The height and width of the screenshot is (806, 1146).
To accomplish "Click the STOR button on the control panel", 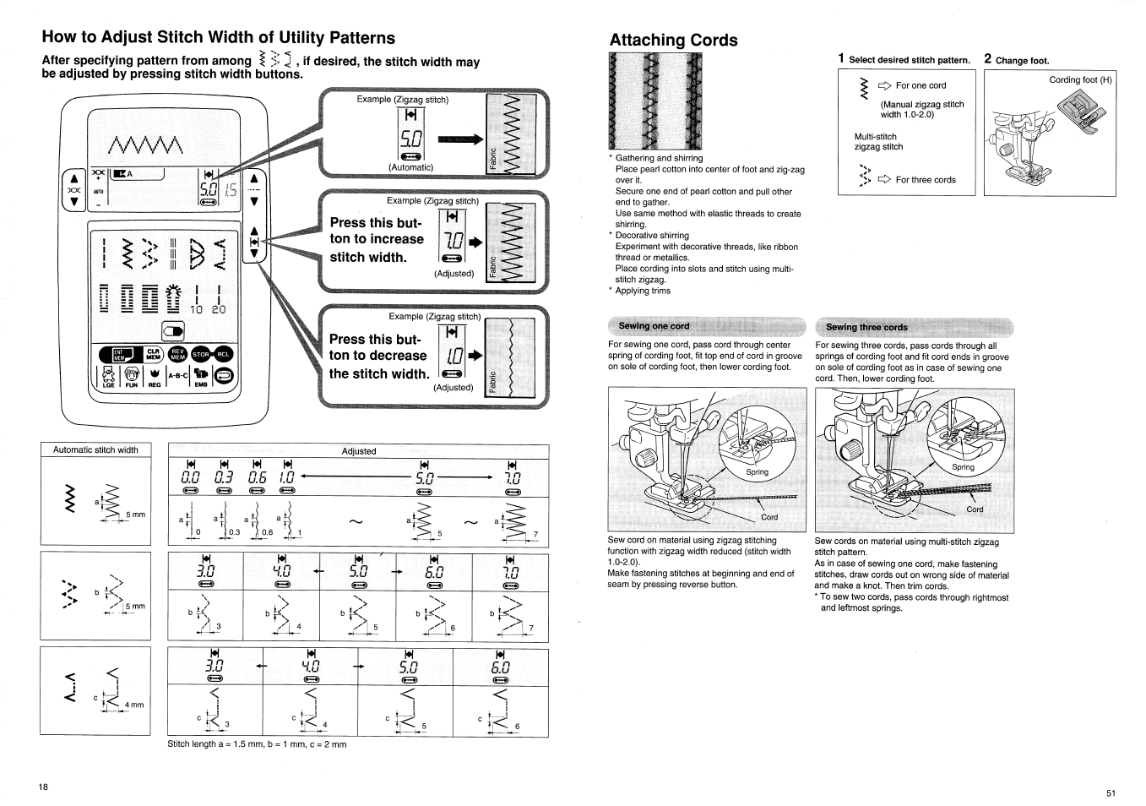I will tap(200, 355).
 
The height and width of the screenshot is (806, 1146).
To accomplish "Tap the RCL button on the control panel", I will tap(223, 355).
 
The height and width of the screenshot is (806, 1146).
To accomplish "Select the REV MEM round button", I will tap(177, 355).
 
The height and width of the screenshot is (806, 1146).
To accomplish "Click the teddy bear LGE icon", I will tap(108, 377).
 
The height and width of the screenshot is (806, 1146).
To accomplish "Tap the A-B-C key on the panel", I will tap(177, 377).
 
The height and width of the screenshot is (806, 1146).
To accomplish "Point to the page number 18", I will tap(43, 787).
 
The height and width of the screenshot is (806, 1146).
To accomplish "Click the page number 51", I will tap(1111, 792).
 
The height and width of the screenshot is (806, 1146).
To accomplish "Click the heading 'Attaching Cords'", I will tap(673, 40).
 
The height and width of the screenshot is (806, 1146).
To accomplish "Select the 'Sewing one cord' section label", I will tap(654, 326).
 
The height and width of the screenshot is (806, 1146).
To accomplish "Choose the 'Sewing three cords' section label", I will tap(866, 327).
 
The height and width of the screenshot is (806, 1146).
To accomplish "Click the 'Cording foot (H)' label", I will tap(1080, 80).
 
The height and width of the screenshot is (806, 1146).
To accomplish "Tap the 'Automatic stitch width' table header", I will tap(95, 450).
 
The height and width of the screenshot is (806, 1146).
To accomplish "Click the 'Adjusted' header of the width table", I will tap(359, 451).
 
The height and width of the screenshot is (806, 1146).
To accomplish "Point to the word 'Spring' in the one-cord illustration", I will tap(757, 472).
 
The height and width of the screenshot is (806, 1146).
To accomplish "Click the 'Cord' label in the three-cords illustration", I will tap(975, 509).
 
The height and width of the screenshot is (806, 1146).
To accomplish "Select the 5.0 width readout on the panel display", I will tap(208, 191).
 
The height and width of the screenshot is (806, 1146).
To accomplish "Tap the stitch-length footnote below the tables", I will tap(257, 744).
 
